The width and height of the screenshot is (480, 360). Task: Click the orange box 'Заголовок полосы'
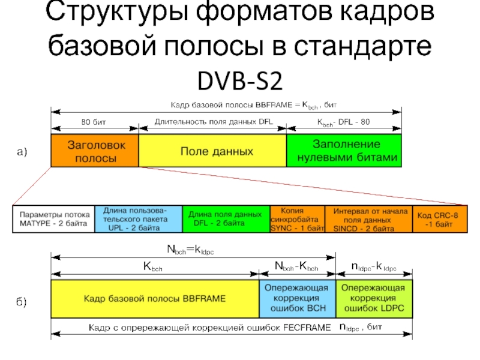(x=95, y=151)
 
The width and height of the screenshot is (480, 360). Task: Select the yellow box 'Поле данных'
(x=212, y=151)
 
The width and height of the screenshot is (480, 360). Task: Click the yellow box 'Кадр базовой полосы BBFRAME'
(x=154, y=298)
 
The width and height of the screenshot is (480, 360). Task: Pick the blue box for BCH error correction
(x=297, y=298)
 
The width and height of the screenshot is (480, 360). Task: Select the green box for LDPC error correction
(x=374, y=298)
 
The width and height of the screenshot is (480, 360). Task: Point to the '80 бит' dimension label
(x=94, y=122)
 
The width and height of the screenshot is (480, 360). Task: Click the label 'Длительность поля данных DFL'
(x=214, y=122)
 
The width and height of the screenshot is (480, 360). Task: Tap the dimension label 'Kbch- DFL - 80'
(x=344, y=122)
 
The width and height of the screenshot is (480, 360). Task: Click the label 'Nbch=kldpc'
(x=190, y=247)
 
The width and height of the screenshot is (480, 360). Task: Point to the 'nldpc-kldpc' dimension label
(x=373, y=266)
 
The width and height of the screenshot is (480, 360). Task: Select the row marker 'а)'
(x=22, y=152)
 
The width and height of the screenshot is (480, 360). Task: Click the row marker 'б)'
(x=22, y=299)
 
